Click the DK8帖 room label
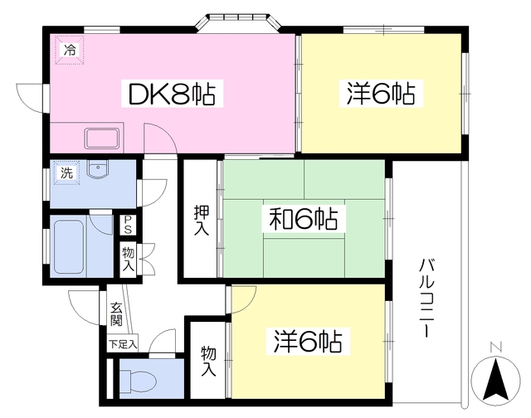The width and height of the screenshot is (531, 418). [x=172, y=94]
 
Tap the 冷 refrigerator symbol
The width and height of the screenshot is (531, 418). [x=70, y=50]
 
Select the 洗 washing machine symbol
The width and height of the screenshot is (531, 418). [x=66, y=173]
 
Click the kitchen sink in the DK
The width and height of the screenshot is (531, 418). [x=101, y=139]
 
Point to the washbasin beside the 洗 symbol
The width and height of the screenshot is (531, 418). [x=98, y=168]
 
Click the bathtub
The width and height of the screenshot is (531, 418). [x=69, y=247]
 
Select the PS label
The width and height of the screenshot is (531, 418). [x=128, y=225]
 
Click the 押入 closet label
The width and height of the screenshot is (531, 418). [x=201, y=220]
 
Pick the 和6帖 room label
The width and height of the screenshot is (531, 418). [x=303, y=219]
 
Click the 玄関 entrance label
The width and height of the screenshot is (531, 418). [x=116, y=314]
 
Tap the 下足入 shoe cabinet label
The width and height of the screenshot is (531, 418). [x=123, y=345]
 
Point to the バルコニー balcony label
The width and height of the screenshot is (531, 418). [x=425, y=298]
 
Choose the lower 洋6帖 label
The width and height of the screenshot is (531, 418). [x=308, y=341]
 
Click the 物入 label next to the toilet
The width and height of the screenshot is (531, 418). [x=208, y=361]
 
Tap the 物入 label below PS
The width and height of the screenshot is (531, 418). [x=129, y=259]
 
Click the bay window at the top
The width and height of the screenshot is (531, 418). [x=239, y=23]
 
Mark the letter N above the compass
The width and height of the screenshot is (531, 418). [x=496, y=347]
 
